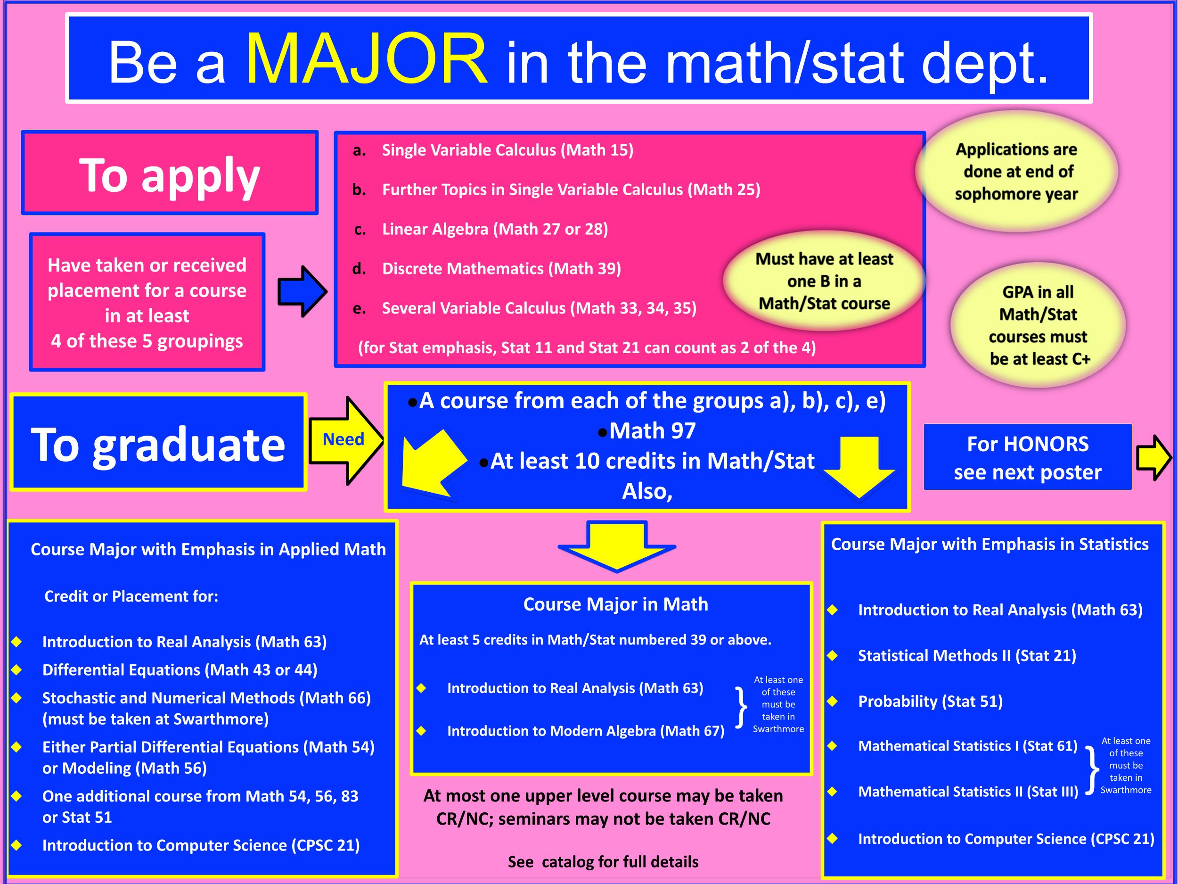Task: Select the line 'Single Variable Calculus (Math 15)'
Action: point(507,150)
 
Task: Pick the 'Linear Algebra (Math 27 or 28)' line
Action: point(495,229)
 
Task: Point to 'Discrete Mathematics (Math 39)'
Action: point(501,269)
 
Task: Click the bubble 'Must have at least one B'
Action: point(824,281)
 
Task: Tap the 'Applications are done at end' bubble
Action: point(1016,171)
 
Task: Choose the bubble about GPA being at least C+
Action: point(1039,325)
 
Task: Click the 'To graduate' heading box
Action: point(158,442)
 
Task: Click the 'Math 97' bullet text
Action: point(652,430)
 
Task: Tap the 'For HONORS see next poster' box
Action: point(1027,457)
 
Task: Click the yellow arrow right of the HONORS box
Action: point(1153,457)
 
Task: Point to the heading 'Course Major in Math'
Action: point(616,604)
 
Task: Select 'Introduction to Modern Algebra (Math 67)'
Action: point(586,731)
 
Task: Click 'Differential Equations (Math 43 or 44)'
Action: point(180,670)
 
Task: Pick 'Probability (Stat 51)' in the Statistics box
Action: point(930,701)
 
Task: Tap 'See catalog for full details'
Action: point(603,862)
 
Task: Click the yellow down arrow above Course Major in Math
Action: point(617,546)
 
